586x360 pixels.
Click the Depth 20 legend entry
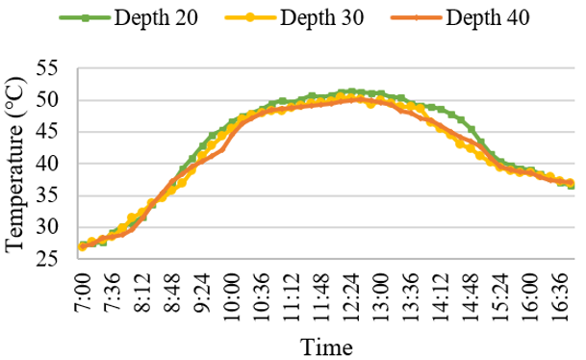coord(129,17)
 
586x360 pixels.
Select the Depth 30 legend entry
coord(294,17)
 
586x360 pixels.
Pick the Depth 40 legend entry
coord(460,17)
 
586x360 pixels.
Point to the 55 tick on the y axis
coord(47,68)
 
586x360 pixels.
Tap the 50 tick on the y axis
coord(47,100)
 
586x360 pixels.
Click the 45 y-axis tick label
coord(47,132)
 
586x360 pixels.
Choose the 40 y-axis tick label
coord(47,164)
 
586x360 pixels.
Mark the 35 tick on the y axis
coord(47,195)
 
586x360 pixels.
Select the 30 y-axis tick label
coord(47,227)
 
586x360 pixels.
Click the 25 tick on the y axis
coord(47,259)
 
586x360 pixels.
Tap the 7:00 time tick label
coord(83,293)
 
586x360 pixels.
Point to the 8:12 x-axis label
coord(142,293)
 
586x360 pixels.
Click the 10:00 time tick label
coord(233,296)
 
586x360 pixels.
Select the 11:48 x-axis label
coord(321,296)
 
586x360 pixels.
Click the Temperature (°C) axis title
coord(15,165)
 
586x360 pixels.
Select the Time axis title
coord(326,347)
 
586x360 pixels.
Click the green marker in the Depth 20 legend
coord(86,17)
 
